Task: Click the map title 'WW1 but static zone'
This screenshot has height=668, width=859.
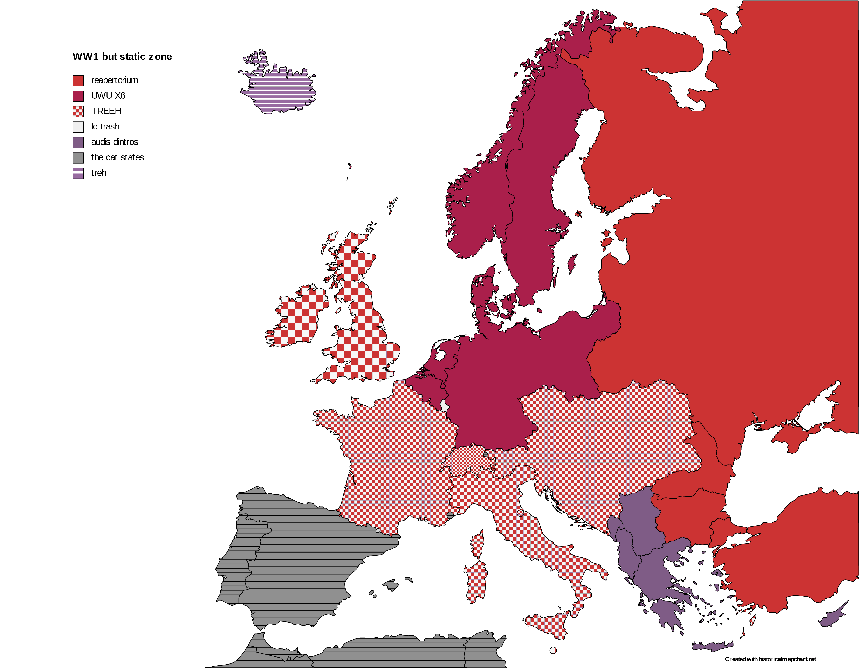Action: point(122,57)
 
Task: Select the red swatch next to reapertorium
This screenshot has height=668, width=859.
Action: point(78,80)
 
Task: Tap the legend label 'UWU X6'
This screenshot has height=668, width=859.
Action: point(108,96)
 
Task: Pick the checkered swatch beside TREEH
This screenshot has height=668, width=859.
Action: point(78,112)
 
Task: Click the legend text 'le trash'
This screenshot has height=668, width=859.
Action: point(105,127)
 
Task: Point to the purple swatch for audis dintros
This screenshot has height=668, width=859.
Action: point(78,142)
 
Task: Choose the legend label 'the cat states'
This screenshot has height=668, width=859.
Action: point(117,157)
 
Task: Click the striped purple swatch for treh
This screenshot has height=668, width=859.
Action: point(78,173)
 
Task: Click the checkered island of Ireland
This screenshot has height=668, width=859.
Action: point(299,318)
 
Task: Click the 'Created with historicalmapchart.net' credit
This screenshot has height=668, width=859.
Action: point(770,659)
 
